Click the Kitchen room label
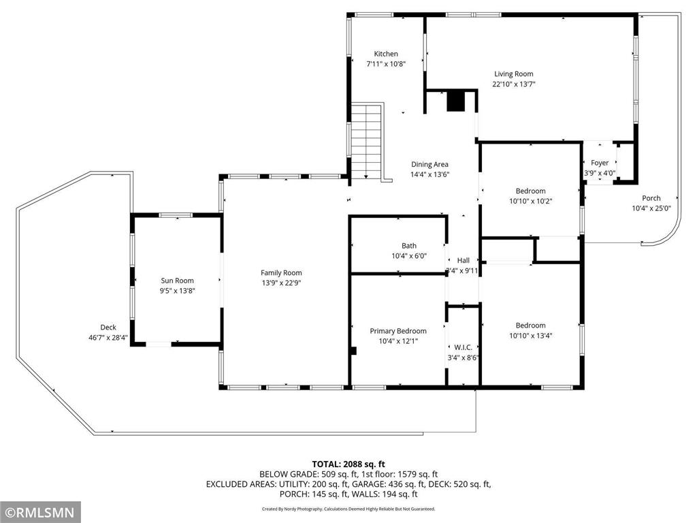click(x=386, y=54)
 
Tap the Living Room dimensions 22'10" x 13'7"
click(x=513, y=84)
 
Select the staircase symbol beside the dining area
click(x=367, y=141)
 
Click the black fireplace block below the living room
click(x=455, y=101)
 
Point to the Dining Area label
click(x=429, y=164)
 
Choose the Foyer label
click(x=600, y=163)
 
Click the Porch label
click(x=651, y=199)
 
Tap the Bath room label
click(x=408, y=246)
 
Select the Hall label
click(x=463, y=260)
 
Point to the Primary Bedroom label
click(x=398, y=332)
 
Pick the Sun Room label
click(x=177, y=281)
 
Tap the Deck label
click(x=108, y=328)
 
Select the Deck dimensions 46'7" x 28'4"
click(x=108, y=338)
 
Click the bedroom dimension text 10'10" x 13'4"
click(x=530, y=335)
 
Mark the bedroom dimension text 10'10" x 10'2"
click(x=530, y=201)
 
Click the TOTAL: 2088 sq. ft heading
click(x=348, y=464)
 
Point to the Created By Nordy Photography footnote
click(x=348, y=509)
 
